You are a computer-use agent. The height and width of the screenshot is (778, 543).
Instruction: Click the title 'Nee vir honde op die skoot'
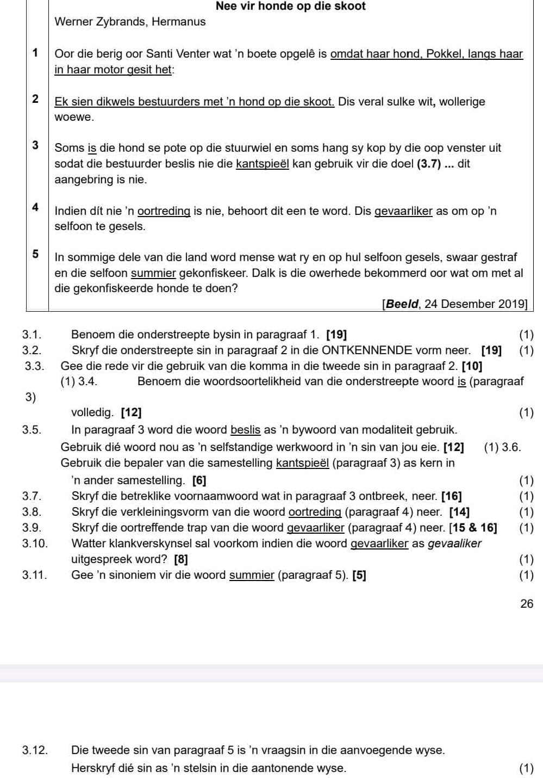pyautogui.click(x=290, y=7)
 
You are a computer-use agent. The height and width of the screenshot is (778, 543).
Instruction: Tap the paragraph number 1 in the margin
pyautogui.click(x=35, y=53)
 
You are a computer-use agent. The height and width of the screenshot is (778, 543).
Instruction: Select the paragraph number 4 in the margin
pyautogui.click(x=35, y=207)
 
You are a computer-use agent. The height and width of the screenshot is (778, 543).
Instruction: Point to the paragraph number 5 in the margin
pyautogui.click(x=35, y=254)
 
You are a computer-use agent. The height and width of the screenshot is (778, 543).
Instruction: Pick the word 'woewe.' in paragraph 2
pyautogui.click(x=74, y=117)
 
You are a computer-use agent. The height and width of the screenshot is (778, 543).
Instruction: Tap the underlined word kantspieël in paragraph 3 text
pyautogui.click(x=262, y=164)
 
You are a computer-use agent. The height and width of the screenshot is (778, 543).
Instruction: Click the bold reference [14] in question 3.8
pyautogui.click(x=460, y=511)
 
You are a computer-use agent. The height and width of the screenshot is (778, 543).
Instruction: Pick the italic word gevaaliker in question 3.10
pyautogui.click(x=455, y=544)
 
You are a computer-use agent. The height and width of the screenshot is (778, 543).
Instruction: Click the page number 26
pyautogui.click(x=527, y=603)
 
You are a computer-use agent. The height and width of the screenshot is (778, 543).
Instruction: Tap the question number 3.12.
pyautogui.click(x=34, y=750)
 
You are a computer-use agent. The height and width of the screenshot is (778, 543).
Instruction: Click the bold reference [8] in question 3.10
pyautogui.click(x=181, y=559)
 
